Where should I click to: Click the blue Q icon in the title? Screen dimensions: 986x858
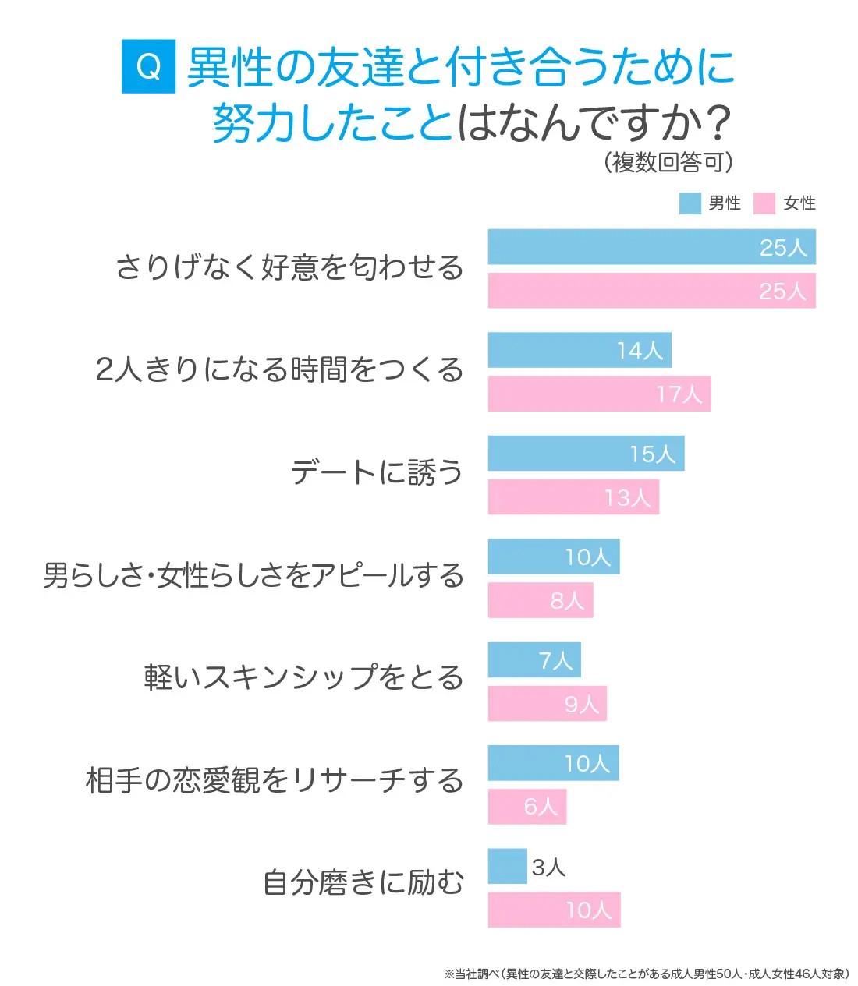pos(148,67)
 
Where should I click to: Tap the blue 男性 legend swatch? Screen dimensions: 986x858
pos(690,203)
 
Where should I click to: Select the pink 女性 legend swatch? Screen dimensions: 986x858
pos(764,203)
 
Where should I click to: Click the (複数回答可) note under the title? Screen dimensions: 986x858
pos(668,162)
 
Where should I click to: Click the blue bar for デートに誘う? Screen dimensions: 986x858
pos(586,454)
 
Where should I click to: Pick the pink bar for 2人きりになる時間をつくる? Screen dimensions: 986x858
pos(599,394)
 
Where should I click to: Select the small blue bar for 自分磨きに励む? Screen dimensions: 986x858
pos(507,867)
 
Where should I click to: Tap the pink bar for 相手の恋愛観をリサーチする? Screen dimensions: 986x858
pos(527,807)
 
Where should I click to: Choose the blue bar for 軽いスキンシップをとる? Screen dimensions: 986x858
pos(534,660)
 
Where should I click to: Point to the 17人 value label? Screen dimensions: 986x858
pos(679,394)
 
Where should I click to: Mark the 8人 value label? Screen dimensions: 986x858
pos(567,601)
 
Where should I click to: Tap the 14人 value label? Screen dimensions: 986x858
pos(640,351)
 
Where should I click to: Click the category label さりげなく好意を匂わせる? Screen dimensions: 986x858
pos(289,267)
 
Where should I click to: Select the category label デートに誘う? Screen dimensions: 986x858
pos(377,472)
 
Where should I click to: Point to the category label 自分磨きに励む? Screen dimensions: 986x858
pos(363,883)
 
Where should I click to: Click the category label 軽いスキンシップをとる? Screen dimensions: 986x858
pos(303,677)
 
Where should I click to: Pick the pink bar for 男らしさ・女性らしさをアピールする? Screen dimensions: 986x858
pos(541,600)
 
